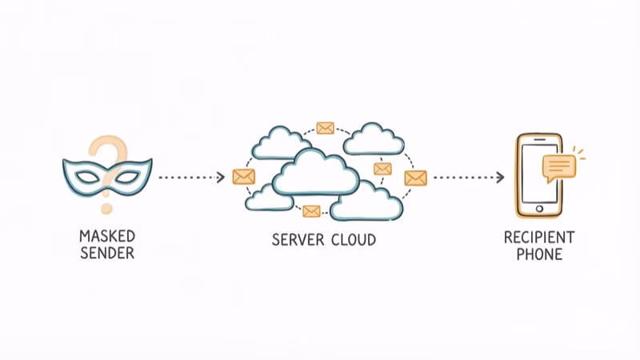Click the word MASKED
(107, 237)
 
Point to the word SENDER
(107, 254)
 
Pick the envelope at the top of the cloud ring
(325, 128)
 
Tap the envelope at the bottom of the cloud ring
(311, 211)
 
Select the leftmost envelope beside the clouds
(243, 177)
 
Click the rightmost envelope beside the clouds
(415, 178)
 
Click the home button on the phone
(538, 208)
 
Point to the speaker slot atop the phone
(538, 142)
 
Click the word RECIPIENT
(538, 237)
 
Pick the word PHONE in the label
(538, 254)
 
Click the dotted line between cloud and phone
(464, 178)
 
